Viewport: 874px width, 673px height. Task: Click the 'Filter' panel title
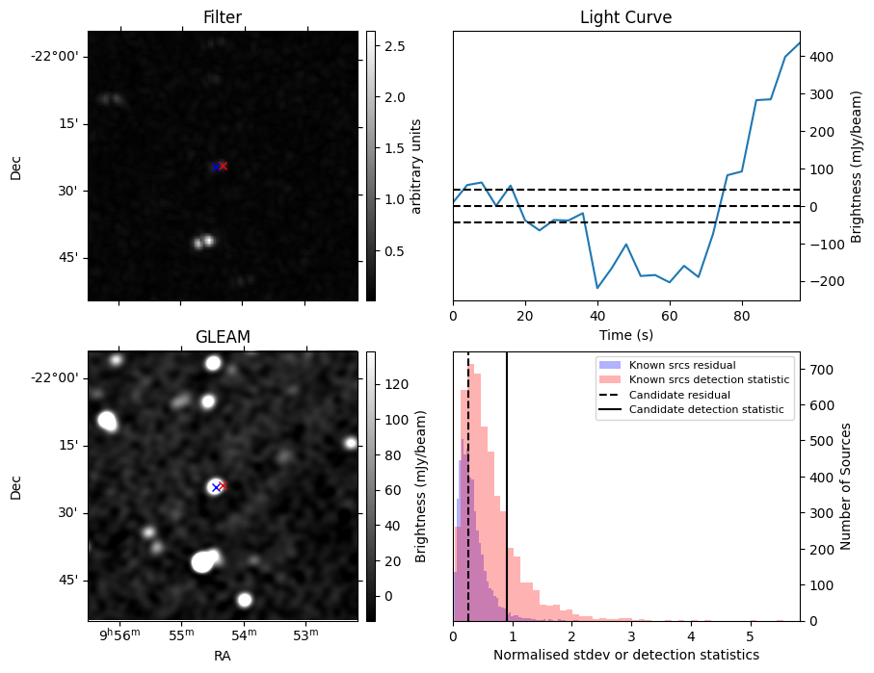click(x=223, y=17)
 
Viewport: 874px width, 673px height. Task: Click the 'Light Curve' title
click(x=625, y=17)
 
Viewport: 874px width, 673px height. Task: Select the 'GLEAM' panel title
click(x=223, y=336)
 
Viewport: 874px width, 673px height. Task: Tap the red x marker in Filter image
click(x=223, y=166)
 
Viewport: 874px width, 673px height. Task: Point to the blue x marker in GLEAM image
click(x=215, y=487)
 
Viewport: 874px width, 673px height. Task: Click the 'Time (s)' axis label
click(x=625, y=333)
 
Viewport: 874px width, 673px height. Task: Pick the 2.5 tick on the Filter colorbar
click(x=395, y=46)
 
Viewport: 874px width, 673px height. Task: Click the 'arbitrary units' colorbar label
click(x=416, y=166)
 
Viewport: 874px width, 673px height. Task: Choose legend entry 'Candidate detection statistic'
click(x=708, y=410)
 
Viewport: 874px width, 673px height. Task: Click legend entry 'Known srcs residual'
click(x=681, y=366)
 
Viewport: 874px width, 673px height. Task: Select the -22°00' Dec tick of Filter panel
click(x=54, y=56)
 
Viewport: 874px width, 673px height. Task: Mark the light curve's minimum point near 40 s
click(x=597, y=288)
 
